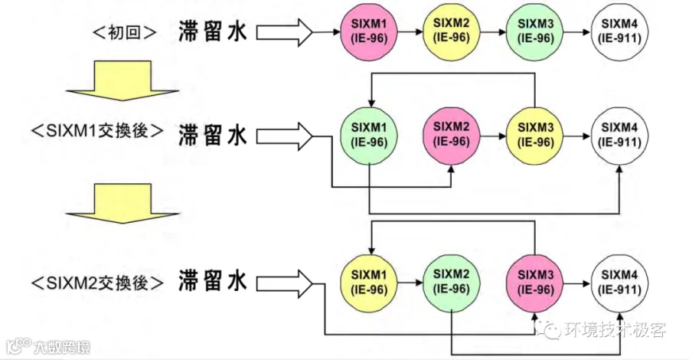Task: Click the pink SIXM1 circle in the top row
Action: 369,31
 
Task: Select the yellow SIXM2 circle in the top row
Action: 451,31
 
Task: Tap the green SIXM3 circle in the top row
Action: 535,31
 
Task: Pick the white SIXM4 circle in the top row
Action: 619,31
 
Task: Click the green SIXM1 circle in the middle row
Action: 369,136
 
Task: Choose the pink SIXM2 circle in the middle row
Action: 451,136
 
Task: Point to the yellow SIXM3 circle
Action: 535,136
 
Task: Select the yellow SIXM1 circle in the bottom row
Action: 369,283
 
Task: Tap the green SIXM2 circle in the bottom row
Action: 451,283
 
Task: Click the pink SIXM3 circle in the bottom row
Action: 535,283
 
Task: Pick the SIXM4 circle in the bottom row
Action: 619,283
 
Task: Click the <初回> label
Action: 125,32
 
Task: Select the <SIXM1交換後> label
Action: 97,131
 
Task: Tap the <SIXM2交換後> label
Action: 97,283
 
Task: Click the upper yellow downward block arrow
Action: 122,80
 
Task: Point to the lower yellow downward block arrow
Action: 122,204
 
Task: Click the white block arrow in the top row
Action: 284,32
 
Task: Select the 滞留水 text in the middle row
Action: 213,135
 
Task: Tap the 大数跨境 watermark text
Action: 62,347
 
